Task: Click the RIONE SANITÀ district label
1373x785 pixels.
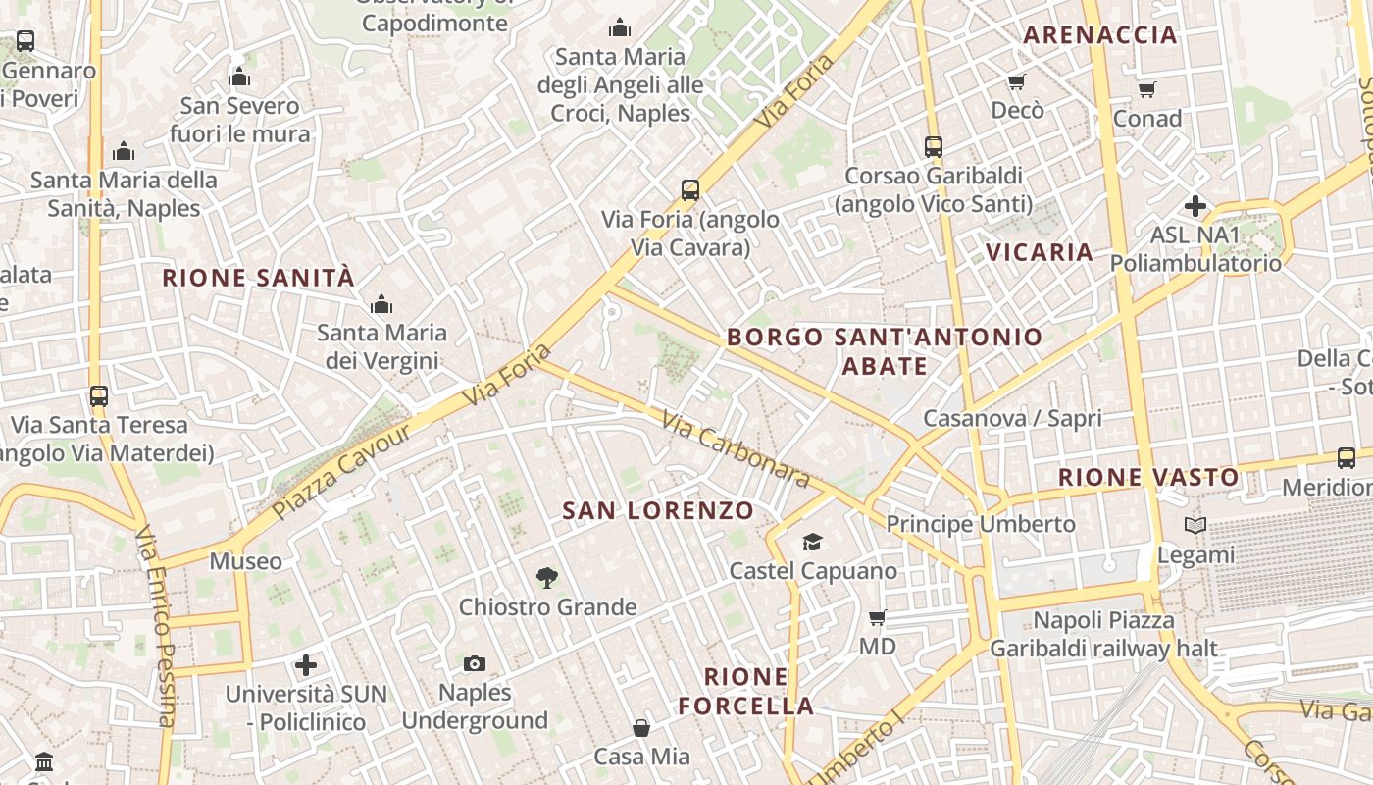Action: (258, 278)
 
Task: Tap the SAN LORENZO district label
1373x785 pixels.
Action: (658, 510)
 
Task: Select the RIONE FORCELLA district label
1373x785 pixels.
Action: (745, 691)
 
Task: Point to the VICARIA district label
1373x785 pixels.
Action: (1040, 252)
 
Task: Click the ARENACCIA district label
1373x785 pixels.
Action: (1100, 35)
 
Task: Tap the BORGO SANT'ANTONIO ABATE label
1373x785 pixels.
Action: (885, 351)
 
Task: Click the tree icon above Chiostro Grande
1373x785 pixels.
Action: (547, 578)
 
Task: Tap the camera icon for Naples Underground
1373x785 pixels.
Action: (475, 664)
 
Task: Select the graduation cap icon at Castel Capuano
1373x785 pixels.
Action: (812, 542)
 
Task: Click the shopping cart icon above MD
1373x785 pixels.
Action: (878, 617)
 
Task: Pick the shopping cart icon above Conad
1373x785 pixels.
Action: (1146, 89)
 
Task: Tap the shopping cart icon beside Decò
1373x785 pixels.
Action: (1017, 81)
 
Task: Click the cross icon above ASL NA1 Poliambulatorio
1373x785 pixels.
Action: (1195, 206)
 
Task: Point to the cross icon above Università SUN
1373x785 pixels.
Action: (306, 665)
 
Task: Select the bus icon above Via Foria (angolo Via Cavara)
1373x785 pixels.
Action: (690, 189)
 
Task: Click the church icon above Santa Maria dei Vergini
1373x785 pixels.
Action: (381, 304)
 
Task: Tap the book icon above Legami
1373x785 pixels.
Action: (1195, 526)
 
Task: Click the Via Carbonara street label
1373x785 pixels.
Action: (736, 448)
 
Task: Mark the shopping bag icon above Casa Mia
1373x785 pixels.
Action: (641, 727)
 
